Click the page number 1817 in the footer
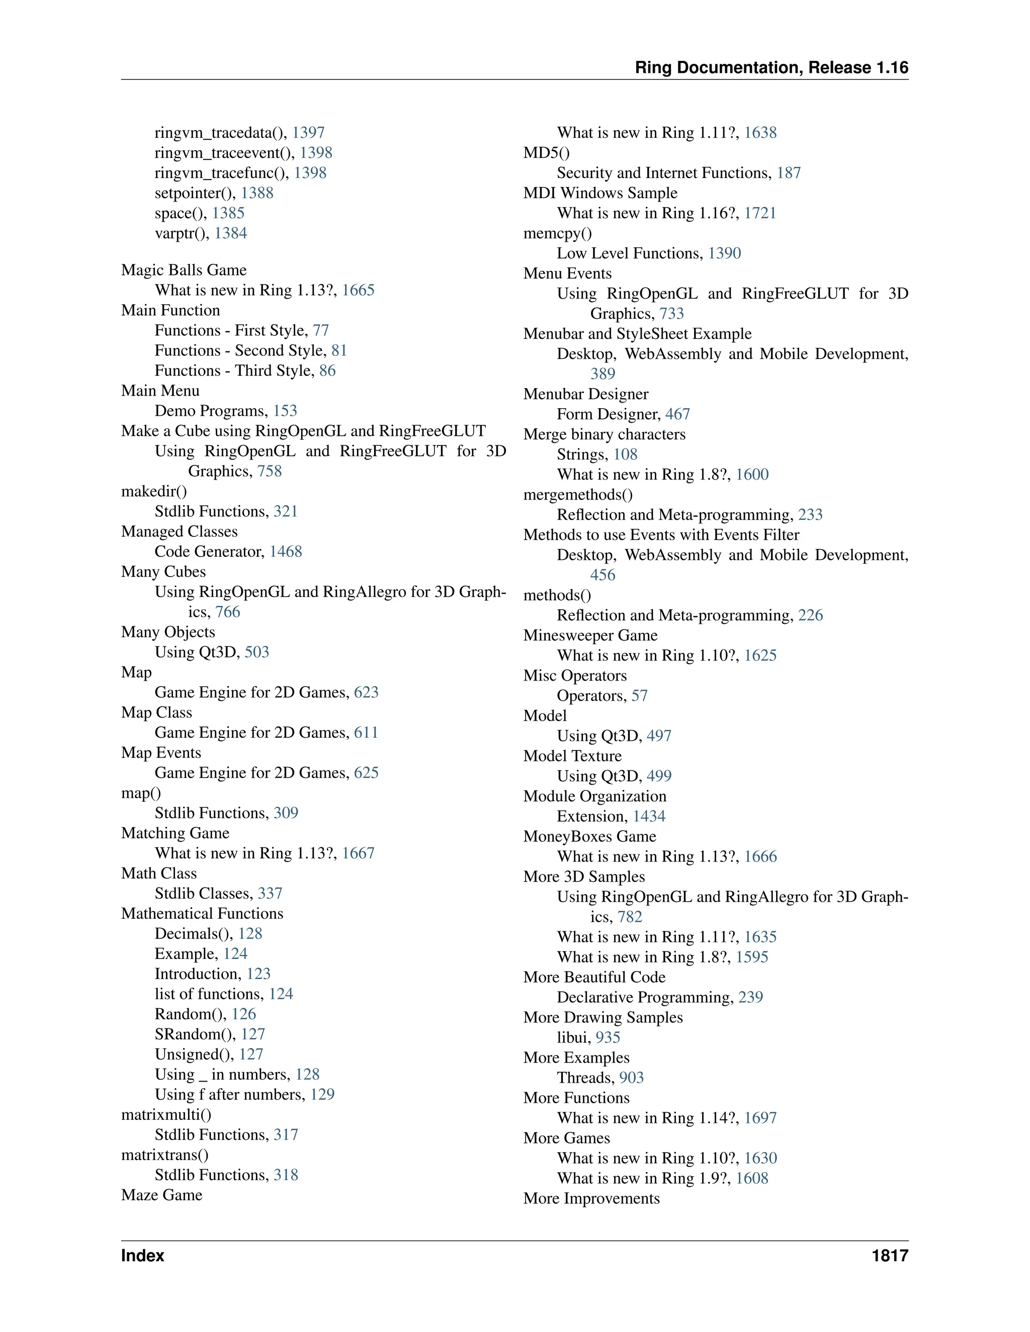tap(890, 1256)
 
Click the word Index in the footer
tap(143, 1256)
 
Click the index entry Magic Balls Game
tap(184, 270)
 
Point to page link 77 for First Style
tap(321, 331)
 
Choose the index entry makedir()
tap(154, 492)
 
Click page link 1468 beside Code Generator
tap(286, 552)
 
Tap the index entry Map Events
tap(161, 753)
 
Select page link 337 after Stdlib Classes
tap(270, 894)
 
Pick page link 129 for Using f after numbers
tap(322, 1095)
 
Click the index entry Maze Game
tap(162, 1195)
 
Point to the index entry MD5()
tap(546, 153)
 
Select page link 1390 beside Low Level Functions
tap(724, 254)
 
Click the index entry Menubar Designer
tap(586, 395)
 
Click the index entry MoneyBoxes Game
tap(589, 837)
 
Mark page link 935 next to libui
tap(608, 1038)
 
